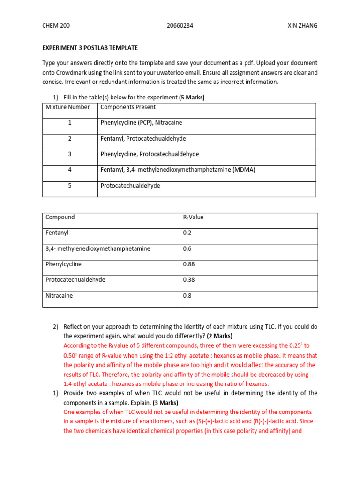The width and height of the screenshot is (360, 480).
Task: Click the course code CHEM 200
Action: pyautogui.click(x=56, y=26)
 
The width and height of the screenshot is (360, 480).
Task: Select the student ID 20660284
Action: pyautogui.click(x=180, y=26)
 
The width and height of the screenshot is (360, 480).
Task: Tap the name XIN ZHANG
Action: pyautogui.click(x=302, y=26)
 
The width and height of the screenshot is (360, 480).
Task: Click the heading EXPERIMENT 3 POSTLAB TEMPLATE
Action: pyautogui.click(x=90, y=48)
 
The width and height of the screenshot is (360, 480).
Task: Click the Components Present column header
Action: pyautogui.click(x=128, y=107)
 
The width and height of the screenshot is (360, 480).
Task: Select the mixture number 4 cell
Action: pyautogui.click(x=69, y=170)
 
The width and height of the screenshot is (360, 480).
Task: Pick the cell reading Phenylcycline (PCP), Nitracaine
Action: pyautogui.click(x=141, y=122)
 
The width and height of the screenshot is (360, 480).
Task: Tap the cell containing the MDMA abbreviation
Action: pyautogui.click(x=178, y=170)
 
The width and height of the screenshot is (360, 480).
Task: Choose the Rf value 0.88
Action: pyautogui.click(x=188, y=264)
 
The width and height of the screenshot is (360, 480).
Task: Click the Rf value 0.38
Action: pyautogui.click(x=188, y=280)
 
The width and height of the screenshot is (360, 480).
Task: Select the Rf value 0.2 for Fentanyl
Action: pyautogui.click(x=187, y=232)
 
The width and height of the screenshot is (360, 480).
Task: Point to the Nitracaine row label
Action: pyautogui.click(x=59, y=296)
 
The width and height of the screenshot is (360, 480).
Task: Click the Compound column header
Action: pyautogui.click(x=60, y=217)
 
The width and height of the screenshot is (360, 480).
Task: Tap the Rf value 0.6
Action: pyautogui.click(x=187, y=248)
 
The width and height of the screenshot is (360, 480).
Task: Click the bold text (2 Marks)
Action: pyautogui.click(x=219, y=336)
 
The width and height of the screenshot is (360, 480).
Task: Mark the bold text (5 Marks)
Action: pyautogui.click(x=192, y=97)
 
